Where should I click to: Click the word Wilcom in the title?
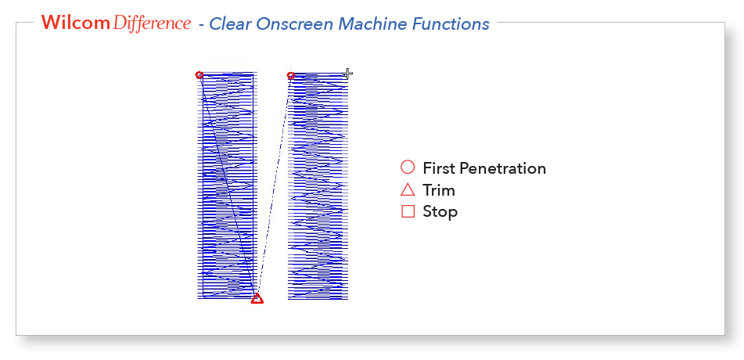pyautogui.click(x=75, y=23)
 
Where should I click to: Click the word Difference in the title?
pyautogui.click(x=153, y=23)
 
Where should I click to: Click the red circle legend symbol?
pyautogui.click(x=408, y=167)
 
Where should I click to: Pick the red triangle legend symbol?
pyautogui.click(x=408, y=190)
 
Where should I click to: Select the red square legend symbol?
pyautogui.click(x=408, y=211)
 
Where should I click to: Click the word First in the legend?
pyautogui.click(x=440, y=168)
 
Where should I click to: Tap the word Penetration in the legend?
pyautogui.click(x=503, y=168)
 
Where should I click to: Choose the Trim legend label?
pyautogui.click(x=439, y=190)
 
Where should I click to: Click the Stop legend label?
pyautogui.click(x=440, y=212)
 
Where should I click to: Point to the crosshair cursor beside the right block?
pyautogui.click(x=348, y=73)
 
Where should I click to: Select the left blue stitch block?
pyautogui.click(x=227, y=186)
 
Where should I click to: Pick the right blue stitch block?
pyautogui.click(x=318, y=186)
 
